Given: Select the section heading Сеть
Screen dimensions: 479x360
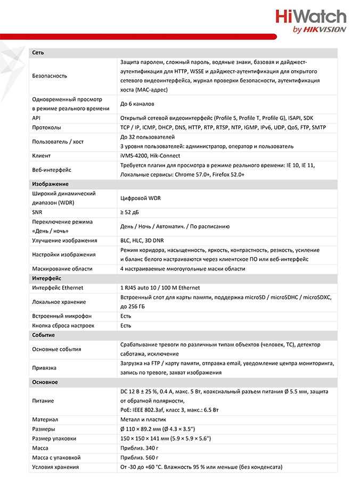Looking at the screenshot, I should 38,53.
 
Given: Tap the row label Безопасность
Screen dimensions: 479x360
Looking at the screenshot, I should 50,76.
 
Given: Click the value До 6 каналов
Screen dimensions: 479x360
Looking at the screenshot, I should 137,104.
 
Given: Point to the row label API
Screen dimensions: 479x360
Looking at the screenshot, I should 37,118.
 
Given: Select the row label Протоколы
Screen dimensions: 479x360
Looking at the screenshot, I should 46,128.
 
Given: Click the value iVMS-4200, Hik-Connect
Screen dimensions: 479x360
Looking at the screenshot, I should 150,156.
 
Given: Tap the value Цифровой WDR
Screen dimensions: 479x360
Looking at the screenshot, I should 141,198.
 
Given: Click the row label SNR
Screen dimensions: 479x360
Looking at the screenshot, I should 37,212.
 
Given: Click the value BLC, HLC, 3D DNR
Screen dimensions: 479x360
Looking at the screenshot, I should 142,241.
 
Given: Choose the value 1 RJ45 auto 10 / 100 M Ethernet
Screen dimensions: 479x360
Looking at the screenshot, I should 160,287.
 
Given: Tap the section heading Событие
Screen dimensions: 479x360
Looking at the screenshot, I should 43,335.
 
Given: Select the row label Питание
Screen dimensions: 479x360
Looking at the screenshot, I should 43,401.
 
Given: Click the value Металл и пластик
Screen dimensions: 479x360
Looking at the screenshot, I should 143,420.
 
